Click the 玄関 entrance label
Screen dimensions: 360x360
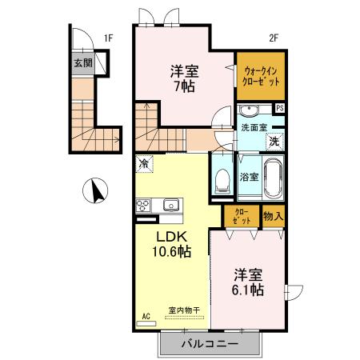click(83, 62)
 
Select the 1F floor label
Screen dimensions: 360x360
click(109, 37)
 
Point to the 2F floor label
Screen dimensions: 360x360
click(273, 37)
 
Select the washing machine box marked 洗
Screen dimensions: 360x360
click(274, 142)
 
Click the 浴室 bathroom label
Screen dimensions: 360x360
click(249, 176)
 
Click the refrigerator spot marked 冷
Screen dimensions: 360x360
click(144, 163)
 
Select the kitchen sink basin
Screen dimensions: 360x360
click(170, 205)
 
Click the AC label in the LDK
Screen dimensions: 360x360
click(146, 315)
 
